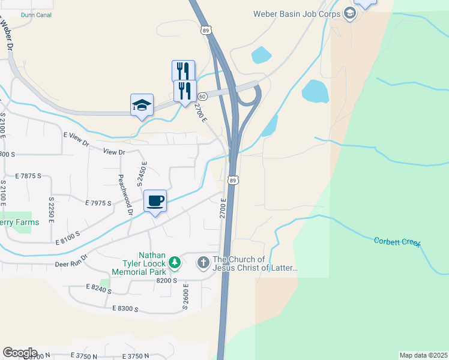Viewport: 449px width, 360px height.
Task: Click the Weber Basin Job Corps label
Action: coord(297,13)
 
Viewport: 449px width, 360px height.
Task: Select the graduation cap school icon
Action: coord(142,105)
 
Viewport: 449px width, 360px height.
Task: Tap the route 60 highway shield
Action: coord(203,97)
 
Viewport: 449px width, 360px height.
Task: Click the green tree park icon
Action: coord(174,262)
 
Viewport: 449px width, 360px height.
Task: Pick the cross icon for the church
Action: coord(203,262)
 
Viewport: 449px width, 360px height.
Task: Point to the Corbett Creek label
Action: coord(397,242)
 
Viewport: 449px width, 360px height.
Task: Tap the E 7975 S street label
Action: coord(98,203)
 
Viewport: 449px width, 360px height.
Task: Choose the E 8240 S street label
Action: coord(98,289)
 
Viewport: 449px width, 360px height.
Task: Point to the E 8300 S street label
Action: coord(125,309)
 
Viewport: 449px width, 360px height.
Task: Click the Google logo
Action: coord(20,353)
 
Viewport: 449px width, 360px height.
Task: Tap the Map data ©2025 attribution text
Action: coord(423,355)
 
